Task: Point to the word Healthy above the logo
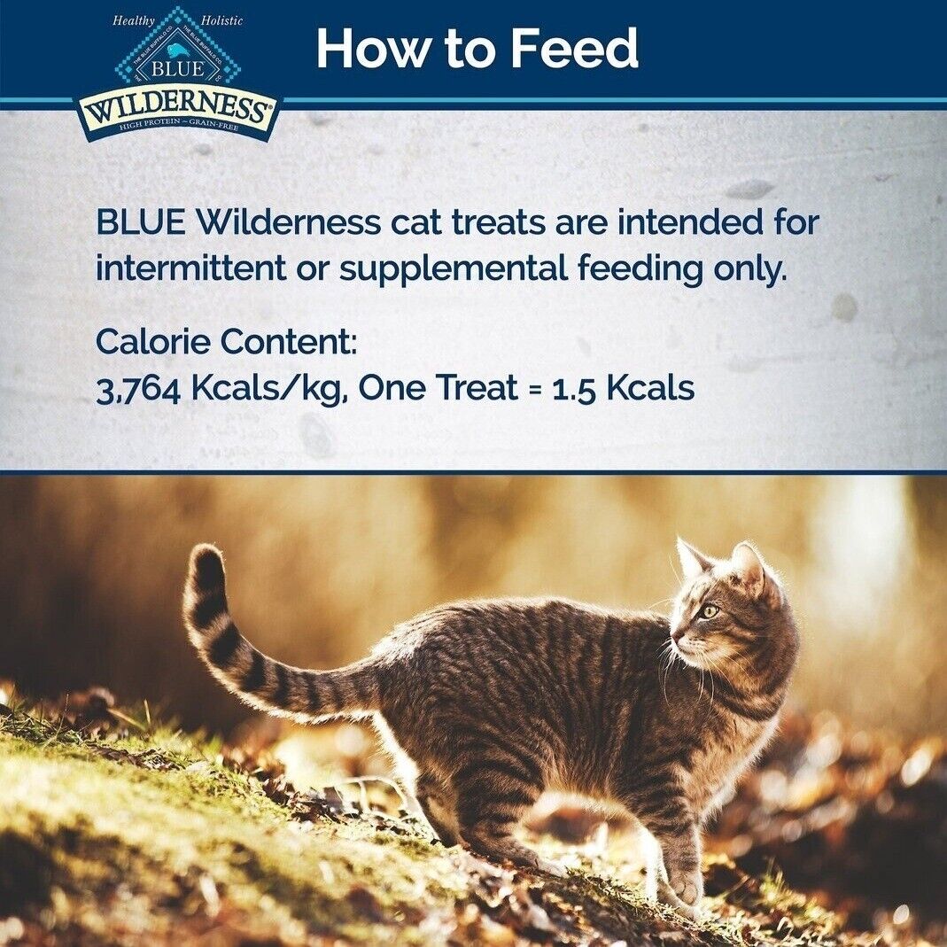(133, 19)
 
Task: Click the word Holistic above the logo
(221, 19)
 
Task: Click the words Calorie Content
(226, 341)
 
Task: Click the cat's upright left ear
(690, 556)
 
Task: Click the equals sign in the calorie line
(534, 389)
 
